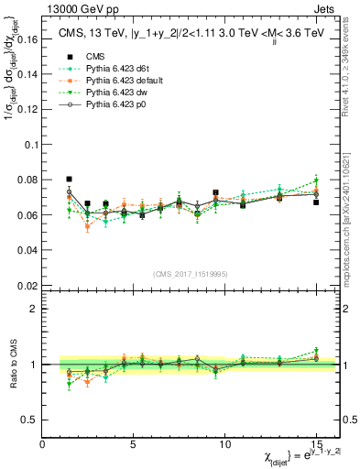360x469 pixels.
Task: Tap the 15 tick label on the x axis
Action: pos(315,444)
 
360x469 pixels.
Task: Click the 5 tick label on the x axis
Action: pos(134,444)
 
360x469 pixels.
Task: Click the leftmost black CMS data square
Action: pos(70,180)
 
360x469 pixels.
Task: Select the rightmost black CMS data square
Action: pos(315,202)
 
